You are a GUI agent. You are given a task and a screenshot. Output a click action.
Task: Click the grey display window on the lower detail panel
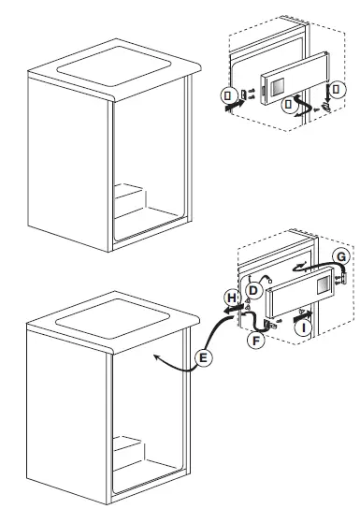point(323,283)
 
